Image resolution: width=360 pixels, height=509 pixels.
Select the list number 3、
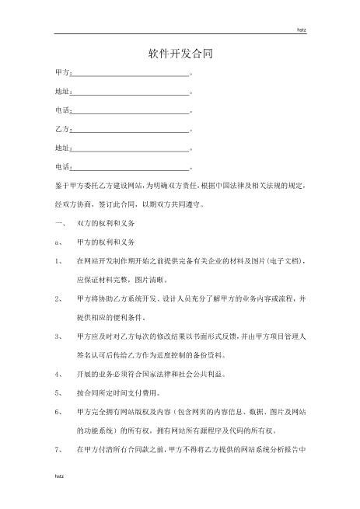click(x=59, y=336)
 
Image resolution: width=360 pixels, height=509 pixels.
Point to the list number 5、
click(x=59, y=393)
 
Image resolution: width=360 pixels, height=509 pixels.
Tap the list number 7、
click(x=59, y=449)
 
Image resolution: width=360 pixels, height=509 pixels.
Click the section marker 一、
click(x=59, y=223)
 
